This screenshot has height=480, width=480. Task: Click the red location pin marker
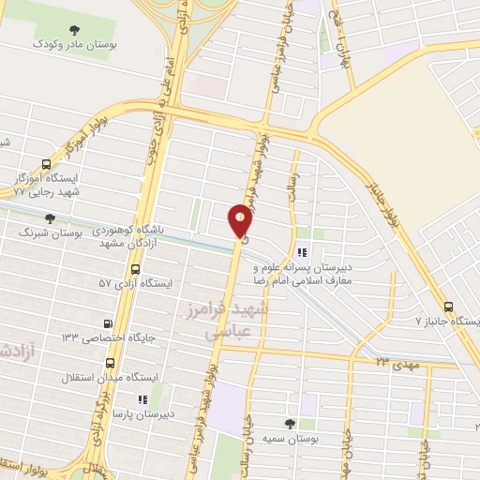[240, 222]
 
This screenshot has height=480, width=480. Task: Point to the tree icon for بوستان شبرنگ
[50, 217]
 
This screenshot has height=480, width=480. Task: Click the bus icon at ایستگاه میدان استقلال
[111, 363]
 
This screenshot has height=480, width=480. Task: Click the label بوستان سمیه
[301, 439]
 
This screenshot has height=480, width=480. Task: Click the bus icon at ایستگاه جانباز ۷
[448, 307]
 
